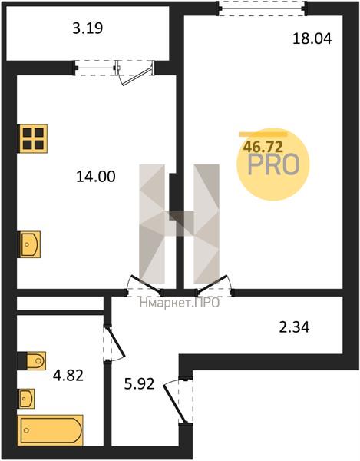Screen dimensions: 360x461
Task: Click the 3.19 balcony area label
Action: click(x=88, y=28)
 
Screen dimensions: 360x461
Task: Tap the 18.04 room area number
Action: click(x=312, y=39)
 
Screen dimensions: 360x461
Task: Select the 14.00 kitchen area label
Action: click(x=96, y=177)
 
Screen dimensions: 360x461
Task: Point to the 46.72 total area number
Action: click(x=263, y=147)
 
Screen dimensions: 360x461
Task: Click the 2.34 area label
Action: click(x=294, y=327)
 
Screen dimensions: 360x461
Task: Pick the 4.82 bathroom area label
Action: click(x=68, y=376)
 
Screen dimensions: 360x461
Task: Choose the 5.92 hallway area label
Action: click(x=139, y=384)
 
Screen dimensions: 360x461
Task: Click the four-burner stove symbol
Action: click(x=33, y=138)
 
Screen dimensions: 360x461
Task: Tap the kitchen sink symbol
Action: click(x=30, y=244)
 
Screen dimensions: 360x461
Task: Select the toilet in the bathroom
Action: click(x=31, y=361)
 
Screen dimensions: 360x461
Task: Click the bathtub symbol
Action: click(x=50, y=430)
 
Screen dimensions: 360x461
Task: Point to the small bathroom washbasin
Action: click(x=26, y=399)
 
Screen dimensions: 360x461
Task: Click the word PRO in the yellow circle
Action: click(x=274, y=165)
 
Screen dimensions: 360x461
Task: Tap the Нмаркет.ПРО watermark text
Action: click(x=180, y=303)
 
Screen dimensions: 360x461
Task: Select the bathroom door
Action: click(x=114, y=343)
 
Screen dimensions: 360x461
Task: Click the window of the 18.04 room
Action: click(x=262, y=8)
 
